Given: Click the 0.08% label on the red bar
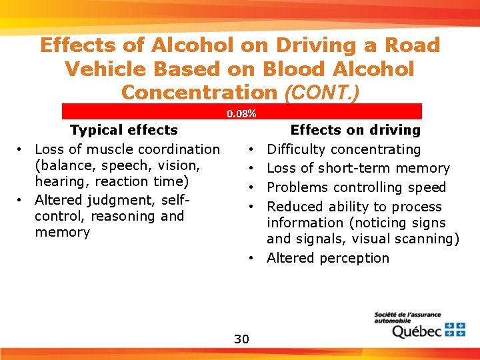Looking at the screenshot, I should coord(241,114).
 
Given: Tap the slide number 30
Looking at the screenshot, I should coord(241,339).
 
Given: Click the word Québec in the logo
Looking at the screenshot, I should coord(416,331).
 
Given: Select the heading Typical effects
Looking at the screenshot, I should coord(124,130).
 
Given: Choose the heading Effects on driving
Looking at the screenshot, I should coord(355,130).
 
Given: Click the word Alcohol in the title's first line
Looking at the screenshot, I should coord(193,45).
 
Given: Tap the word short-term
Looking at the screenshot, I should coord(357,168).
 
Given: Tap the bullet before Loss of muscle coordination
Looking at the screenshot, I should coord(21,149).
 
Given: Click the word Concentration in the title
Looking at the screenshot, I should coord(198,92).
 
